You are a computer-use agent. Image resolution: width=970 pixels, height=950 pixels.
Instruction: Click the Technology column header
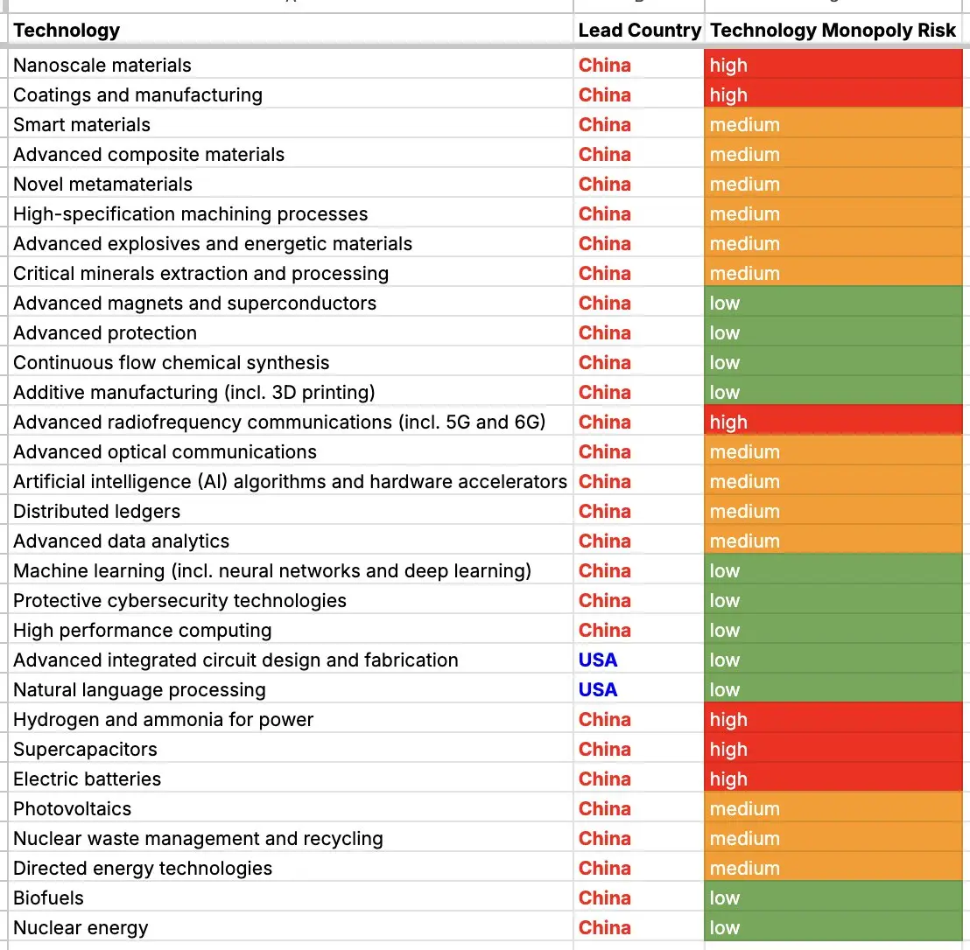67,31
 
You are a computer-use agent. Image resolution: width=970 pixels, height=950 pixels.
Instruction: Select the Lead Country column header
640,31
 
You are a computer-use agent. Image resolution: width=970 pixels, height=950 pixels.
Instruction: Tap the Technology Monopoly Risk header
833,31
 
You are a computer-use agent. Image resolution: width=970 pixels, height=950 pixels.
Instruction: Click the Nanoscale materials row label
102,66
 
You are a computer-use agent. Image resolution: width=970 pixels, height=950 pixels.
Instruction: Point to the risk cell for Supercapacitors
833,749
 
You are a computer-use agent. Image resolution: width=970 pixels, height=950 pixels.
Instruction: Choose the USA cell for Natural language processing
598,690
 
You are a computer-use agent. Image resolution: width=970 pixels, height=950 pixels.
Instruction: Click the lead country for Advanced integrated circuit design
598,660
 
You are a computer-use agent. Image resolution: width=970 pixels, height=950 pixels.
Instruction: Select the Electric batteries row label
88,779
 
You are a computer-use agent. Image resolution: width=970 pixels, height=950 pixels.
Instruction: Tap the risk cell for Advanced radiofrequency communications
833,423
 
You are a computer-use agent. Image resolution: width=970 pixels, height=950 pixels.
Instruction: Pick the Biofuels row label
48,898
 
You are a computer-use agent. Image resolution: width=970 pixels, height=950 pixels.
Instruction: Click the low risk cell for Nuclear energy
833,928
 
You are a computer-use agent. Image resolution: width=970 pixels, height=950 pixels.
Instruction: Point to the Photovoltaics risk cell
833,808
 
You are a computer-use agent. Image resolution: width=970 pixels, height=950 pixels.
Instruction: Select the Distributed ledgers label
96,511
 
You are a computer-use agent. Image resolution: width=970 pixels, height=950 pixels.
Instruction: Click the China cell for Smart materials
604,125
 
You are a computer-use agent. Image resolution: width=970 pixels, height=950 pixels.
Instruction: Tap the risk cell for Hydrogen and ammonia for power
833,719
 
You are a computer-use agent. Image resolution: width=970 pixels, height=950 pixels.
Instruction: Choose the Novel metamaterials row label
102,185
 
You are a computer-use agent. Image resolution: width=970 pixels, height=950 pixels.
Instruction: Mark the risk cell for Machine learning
833,570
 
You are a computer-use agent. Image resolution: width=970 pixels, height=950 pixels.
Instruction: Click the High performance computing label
143,631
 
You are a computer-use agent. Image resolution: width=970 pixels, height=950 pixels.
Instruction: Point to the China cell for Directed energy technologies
604,869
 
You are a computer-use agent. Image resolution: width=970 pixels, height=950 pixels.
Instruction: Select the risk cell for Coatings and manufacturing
833,95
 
